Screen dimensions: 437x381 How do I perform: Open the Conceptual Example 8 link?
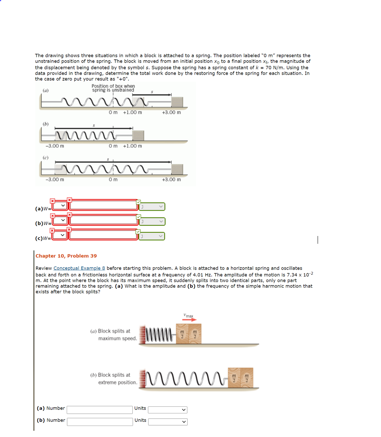(79, 268)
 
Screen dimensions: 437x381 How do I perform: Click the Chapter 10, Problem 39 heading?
(66, 256)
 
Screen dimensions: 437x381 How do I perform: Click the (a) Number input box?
(99, 410)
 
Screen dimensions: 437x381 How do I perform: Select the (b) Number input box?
(99, 422)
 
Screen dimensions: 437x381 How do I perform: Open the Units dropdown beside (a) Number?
(167, 410)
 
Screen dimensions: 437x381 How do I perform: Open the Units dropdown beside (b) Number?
(167, 422)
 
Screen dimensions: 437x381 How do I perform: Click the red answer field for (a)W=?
(103, 205)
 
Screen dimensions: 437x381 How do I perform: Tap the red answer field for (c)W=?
(103, 235)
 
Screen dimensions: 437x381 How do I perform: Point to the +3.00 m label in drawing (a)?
(171, 112)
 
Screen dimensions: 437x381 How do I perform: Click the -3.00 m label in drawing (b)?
(55, 146)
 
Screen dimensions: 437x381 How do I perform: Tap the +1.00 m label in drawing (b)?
(132, 146)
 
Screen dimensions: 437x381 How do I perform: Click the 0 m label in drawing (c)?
(113, 180)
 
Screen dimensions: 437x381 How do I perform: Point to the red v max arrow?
(188, 320)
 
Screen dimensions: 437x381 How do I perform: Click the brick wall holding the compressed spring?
(143, 334)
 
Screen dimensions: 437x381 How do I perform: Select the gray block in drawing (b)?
(138, 135)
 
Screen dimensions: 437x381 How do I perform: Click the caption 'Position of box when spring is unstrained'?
(113, 88)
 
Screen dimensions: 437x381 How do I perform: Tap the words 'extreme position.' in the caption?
(118, 382)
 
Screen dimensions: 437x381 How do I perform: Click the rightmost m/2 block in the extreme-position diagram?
(247, 378)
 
